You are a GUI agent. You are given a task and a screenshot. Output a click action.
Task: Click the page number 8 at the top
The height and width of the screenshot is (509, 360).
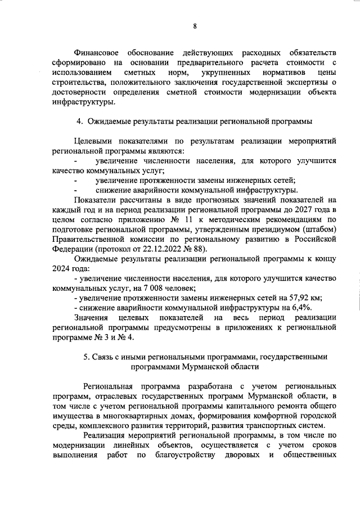click(x=194, y=26)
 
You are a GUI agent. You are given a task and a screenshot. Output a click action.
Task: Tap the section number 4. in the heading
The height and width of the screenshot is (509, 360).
click(x=80, y=121)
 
